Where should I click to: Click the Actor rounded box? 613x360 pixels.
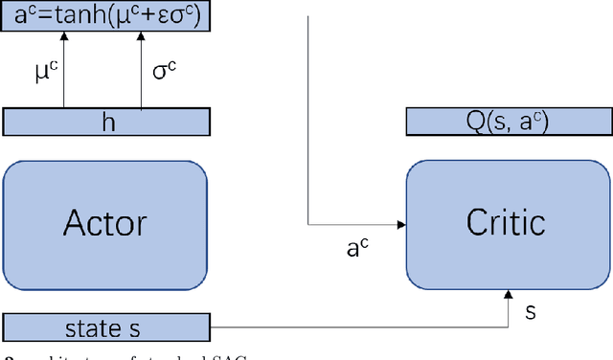[104, 222]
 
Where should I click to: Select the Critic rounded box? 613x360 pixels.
[505, 222]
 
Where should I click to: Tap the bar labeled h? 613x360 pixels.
[105, 122]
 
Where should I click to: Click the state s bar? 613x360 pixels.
[104, 328]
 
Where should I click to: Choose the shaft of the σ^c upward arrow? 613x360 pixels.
[142, 77]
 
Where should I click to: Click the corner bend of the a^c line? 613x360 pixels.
[308, 226]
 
